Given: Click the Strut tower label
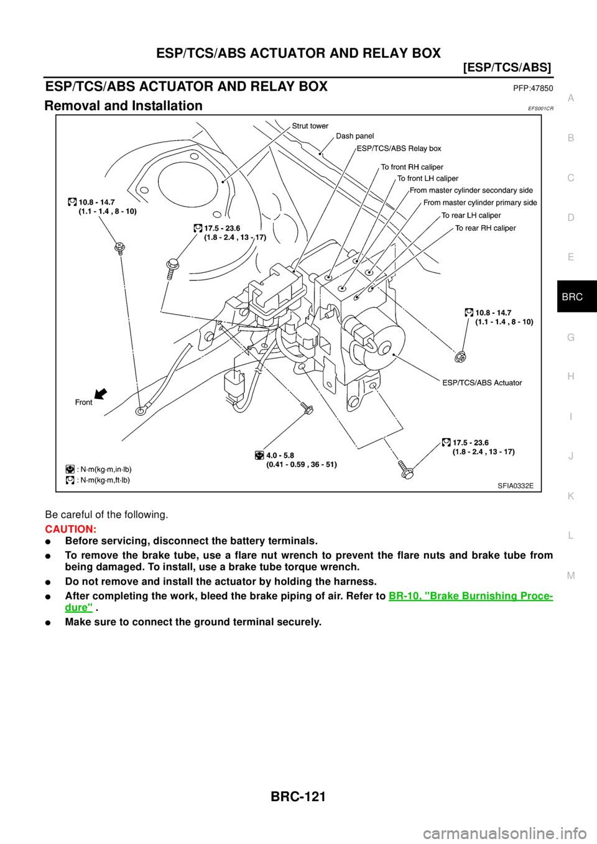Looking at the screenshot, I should tap(310, 126).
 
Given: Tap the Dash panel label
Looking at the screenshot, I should tap(354, 136).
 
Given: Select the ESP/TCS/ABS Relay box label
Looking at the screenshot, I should tap(399, 149).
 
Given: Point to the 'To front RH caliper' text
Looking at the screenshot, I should tap(412, 167).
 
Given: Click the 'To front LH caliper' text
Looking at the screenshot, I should tap(427, 179).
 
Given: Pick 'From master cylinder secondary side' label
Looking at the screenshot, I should tap(471, 191).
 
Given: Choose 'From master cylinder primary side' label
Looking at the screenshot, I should tap(479, 203).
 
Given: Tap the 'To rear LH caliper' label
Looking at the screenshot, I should tap(471, 216).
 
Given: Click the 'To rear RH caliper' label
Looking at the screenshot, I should tap(485, 228).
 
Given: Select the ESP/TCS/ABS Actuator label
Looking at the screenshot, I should tap(482, 383).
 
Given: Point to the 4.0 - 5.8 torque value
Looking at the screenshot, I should tap(280, 456).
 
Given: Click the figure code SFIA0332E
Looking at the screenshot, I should tap(515, 485).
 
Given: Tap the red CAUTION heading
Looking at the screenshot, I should tap(70, 530).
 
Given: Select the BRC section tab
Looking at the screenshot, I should tap(572, 297).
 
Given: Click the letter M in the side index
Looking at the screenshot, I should tap(571, 576).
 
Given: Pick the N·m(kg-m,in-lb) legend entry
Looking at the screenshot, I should tap(103, 469).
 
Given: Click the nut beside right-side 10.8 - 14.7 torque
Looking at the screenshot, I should tap(460, 357).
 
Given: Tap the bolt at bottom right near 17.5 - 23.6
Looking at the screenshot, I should tap(405, 470).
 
